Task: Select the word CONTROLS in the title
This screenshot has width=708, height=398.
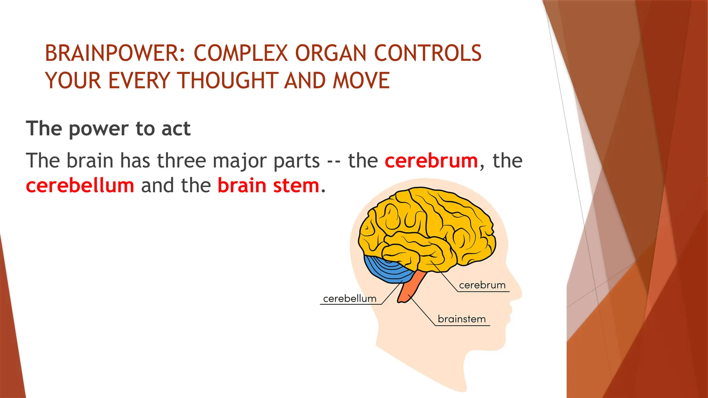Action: pyautogui.click(x=428, y=54)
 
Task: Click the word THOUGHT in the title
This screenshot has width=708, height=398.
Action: pyautogui.click(x=228, y=81)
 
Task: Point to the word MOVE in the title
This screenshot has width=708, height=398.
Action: pyautogui.click(x=361, y=81)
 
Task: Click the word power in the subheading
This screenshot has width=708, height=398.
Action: pyautogui.click(x=99, y=129)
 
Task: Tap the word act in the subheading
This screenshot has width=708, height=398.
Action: pyautogui.click(x=176, y=129)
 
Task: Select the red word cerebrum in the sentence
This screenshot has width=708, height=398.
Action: pyautogui.click(x=431, y=161)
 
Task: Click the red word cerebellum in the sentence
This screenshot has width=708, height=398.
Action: pyautogui.click(x=80, y=186)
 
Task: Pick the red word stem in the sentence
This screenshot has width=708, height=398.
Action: pyautogui.click(x=296, y=186)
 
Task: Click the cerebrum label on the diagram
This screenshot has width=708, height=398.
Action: pyautogui.click(x=482, y=285)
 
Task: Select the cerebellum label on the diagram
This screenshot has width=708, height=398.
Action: pyautogui.click(x=350, y=298)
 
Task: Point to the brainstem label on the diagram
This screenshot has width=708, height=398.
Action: pyautogui.click(x=462, y=319)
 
